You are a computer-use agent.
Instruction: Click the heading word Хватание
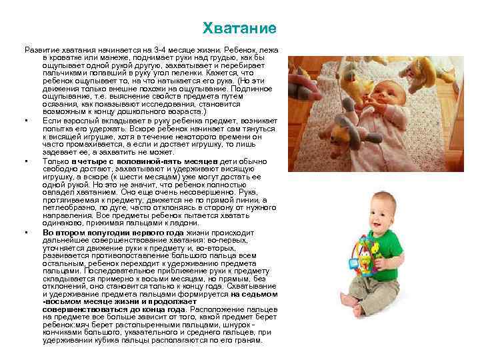[239, 30]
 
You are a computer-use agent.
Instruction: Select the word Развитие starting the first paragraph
[42, 50]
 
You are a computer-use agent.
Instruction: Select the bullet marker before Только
[25, 162]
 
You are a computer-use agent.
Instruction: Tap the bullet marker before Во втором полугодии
[25, 233]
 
